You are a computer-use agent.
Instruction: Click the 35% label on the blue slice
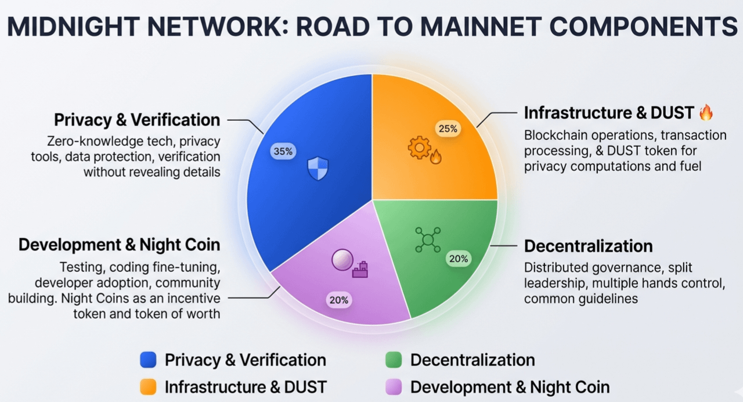(x=283, y=151)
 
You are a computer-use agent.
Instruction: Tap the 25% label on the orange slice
(x=448, y=128)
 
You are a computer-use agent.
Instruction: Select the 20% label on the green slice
(x=459, y=259)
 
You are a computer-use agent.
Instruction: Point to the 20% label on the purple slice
(x=339, y=300)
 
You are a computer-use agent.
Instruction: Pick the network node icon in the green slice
(x=428, y=239)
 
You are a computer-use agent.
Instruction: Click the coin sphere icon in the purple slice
(x=342, y=260)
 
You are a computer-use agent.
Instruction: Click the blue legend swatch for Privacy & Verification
(x=149, y=360)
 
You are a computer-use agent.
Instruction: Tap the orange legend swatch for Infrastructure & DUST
(x=149, y=386)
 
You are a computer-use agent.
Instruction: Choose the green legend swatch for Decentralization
(x=394, y=360)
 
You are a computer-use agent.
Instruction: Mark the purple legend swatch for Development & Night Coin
(x=394, y=386)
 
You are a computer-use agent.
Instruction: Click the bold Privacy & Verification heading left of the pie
(x=137, y=120)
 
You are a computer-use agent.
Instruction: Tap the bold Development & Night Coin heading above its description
(x=119, y=245)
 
